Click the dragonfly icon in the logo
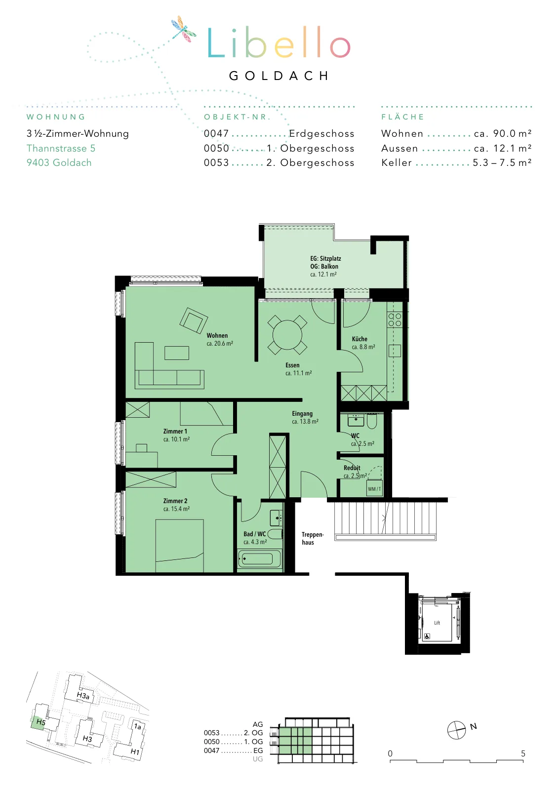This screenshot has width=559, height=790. tap(183, 29)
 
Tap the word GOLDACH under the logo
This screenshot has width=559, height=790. tap(279, 76)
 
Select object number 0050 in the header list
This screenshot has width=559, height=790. tap(216, 148)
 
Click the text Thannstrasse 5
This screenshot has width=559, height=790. tap(61, 148)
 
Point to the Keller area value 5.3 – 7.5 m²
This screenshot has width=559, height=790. tap(502, 162)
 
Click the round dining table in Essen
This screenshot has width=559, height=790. tap(287, 335)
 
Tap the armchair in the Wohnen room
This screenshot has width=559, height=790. tap(193, 320)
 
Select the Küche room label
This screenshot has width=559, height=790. tap(359, 339)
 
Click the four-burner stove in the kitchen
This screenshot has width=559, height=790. tap(395, 319)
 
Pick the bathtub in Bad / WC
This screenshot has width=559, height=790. tap(260, 559)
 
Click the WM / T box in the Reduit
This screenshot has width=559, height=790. tap(374, 488)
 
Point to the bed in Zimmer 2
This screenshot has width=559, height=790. tap(180, 546)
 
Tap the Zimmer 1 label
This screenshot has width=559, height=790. tap(175, 432)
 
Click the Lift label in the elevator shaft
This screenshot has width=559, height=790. tap(437, 623)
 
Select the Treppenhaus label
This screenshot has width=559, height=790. tap(313, 539)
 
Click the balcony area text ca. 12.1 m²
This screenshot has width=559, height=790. tap(323, 275)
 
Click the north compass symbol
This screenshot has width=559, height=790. tap(456, 730)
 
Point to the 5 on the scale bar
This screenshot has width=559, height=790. tap(523, 753)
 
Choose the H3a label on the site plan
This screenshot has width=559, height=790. tap(83, 696)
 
